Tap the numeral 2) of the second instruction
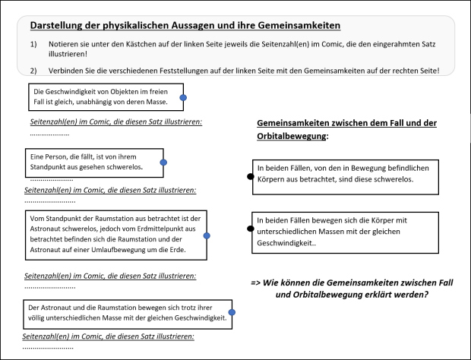(x=33, y=71)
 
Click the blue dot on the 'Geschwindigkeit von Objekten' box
(x=182, y=97)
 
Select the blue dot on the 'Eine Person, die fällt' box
(x=163, y=163)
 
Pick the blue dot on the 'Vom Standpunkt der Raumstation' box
(x=207, y=236)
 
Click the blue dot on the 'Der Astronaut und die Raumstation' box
(x=232, y=311)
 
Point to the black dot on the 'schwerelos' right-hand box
(x=251, y=176)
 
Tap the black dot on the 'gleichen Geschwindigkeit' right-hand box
(x=251, y=228)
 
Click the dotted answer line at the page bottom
(x=53, y=346)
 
